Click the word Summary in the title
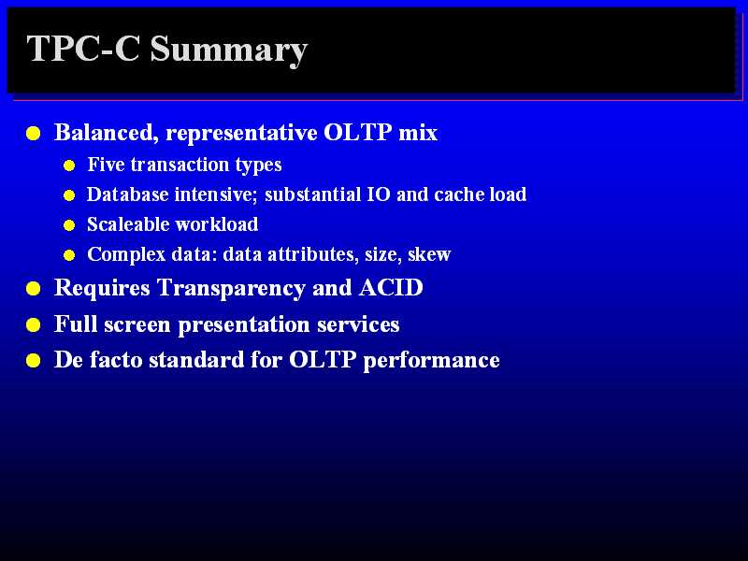tap(229, 50)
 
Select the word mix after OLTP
tap(418, 132)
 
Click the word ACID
tap(391, 287)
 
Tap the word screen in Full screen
tap(137, 324)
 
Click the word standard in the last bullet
tap(196, 360)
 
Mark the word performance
tap(431, 361)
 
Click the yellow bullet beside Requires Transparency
tap(33, 289)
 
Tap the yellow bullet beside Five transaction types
tap(69, 165)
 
